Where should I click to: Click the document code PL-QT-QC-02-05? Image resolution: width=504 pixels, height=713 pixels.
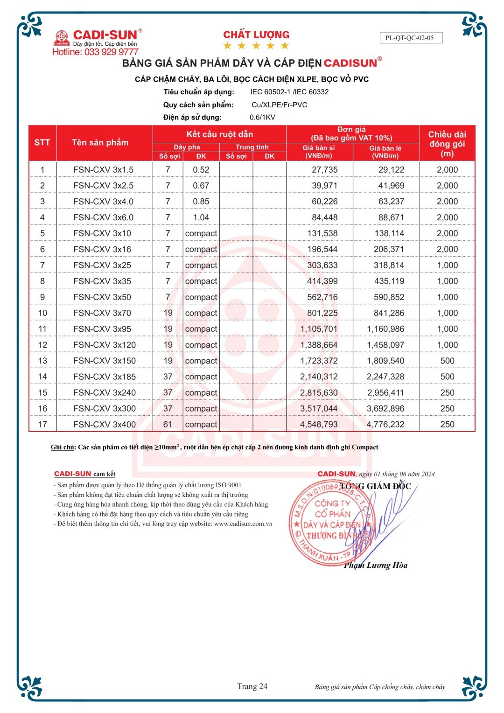pos(409,38)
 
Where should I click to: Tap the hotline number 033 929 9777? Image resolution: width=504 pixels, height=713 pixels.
pos(111,52)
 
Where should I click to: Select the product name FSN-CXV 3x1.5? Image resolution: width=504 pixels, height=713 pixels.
pos(103,170)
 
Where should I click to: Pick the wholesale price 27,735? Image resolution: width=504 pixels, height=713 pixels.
pos(324,170)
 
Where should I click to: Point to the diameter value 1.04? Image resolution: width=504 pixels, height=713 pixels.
pos(201,217)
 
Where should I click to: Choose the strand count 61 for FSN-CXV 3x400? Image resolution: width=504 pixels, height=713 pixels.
pos(168,425)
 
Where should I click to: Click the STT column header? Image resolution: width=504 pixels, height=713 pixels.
pos(42,142)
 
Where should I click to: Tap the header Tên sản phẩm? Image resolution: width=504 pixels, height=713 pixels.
pos(100,142)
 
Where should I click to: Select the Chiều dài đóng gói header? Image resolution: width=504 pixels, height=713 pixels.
pos(447,143)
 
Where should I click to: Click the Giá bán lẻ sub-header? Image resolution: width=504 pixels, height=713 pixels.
pos(385,152)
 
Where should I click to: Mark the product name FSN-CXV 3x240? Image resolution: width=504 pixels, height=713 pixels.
pos(105,393)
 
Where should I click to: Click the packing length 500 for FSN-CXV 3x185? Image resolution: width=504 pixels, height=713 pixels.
pos(447,377)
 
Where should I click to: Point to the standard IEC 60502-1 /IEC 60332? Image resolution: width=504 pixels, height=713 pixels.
pos(289,92)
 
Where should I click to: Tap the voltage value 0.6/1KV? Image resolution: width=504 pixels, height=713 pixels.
pos(262,117)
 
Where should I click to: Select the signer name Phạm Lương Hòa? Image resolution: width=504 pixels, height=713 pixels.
pos(376,566)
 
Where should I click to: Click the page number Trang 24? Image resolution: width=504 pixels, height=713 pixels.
pos(252,686)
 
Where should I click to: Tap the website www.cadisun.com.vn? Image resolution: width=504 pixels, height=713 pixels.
pos(243,524)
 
